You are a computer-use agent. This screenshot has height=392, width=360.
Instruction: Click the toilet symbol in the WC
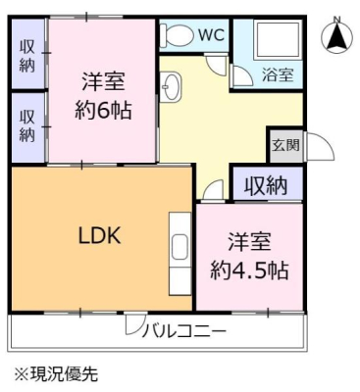(179, 34)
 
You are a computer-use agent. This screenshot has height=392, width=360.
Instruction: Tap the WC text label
(212, 35)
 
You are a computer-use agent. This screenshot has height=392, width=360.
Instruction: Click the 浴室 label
(278, 74)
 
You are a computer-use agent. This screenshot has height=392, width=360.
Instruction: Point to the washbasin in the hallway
(171, 86)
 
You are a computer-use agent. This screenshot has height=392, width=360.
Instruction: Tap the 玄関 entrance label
(286, 144)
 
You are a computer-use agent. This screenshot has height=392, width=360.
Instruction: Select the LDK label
(100, 235)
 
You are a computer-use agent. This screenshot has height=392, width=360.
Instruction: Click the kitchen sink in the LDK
(180, 249)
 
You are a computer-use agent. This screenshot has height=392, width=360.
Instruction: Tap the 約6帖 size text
(103, 110)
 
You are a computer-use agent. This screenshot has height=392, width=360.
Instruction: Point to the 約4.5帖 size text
(249, 270)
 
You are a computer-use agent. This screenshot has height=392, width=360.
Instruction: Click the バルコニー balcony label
(184, 332)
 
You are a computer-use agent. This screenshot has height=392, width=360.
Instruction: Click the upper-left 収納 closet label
(26, 57)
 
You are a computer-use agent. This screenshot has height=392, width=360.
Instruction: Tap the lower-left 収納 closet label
(26, 126)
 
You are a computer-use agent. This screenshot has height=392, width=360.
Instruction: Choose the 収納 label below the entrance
(267, 185)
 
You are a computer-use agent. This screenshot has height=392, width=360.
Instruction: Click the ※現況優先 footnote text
(56, 374)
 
